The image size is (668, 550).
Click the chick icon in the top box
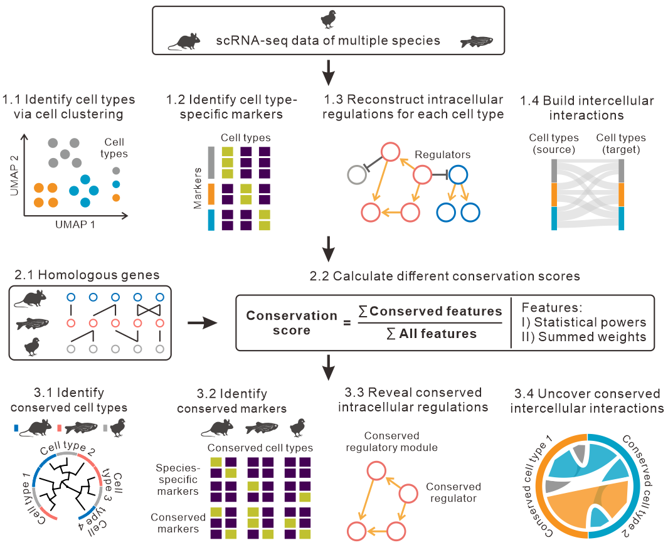tap(328, 19)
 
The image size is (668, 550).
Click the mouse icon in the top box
tap(184, 41)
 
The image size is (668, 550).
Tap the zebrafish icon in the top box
tap(477, 41)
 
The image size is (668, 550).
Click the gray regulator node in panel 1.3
tap(357, 174)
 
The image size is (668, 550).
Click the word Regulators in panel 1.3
tap(442, 154)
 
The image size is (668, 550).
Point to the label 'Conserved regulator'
tap(453, 492)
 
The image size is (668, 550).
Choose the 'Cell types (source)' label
tap(553, 143)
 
